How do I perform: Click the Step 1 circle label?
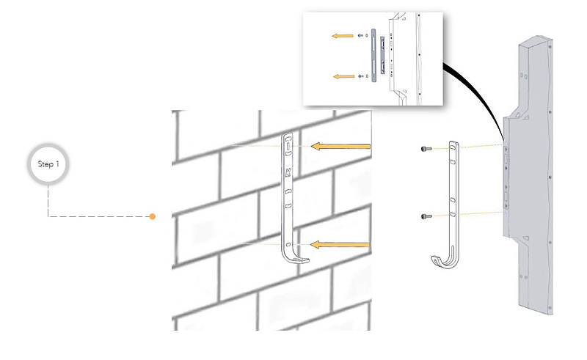click(x=48, y=164)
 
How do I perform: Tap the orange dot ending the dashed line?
click(x=153, y=216)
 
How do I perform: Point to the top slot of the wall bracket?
click(x=288, y=147)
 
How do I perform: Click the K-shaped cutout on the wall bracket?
click(x=288, y=175)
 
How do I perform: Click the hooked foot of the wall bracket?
click(x=296, y=258)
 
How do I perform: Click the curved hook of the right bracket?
click(x=442, y=261)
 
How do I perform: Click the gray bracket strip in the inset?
click(x=373, y=54)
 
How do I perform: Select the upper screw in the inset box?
click(x=360, y=34)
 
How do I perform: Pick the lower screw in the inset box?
click(x=360, y=76)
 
